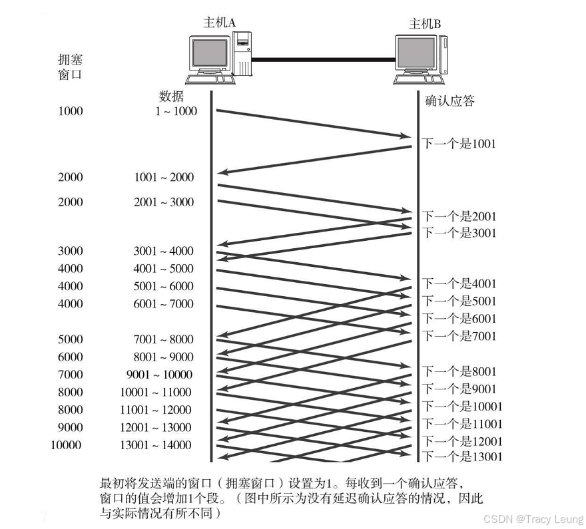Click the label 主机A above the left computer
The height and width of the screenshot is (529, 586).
tap(220, 23)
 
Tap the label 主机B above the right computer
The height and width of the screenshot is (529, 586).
tap(425, 25)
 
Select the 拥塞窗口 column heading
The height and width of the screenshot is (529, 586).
tap(71, 67)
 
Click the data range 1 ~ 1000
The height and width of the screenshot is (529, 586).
tap(176, 111)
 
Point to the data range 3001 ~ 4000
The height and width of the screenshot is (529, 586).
tap(163, 251)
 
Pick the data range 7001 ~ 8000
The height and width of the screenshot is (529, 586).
tap(163, 339)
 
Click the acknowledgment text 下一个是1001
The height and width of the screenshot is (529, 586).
tap(459, 144)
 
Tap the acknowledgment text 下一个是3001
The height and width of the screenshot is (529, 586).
tap(459, 233)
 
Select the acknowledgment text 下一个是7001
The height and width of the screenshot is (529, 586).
tap(459, 336)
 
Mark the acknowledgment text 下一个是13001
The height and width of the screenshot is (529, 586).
tap(463, 456)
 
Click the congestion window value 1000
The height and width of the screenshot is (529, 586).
tap(71, 111)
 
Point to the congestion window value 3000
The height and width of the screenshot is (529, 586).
tap(71, 251)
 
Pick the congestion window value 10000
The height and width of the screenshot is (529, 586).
tap(67, 445)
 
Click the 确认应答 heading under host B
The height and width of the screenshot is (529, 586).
tap(449, 101)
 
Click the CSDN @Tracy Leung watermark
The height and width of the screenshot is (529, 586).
tap(533, 518)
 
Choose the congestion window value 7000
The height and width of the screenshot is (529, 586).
tap(71, 375)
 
